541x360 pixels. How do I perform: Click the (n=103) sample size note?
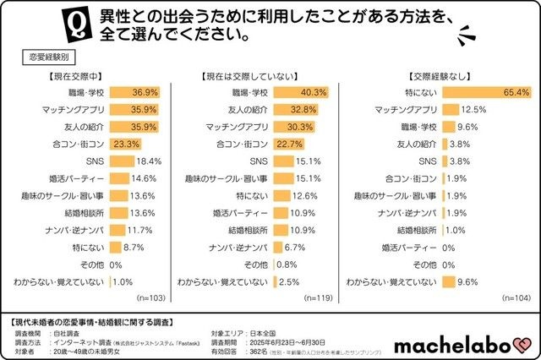(150, 298)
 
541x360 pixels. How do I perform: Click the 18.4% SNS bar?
(121, 161)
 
